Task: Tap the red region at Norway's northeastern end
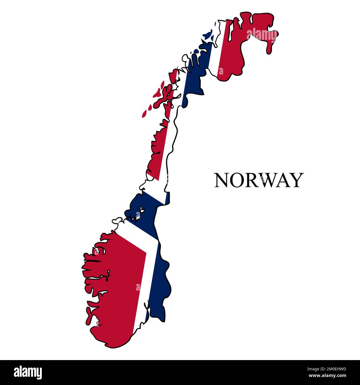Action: coord(249,47)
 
